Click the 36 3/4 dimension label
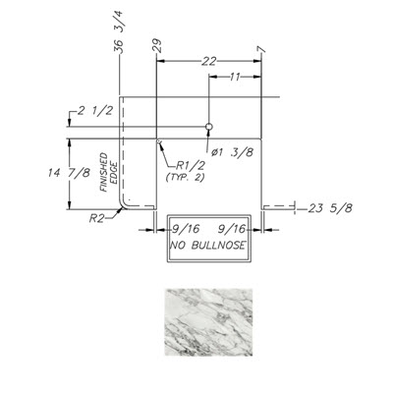pyautogui.click(x=118, y=31)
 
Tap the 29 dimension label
pyautogui.click(x=157, y=45)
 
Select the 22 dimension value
pyautogui.click(x=208, y=61)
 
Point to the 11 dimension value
pyautogui.click(x=235, y=77)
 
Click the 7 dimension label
pyautogui.click(x=261, y=49)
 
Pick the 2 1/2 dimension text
pyautogui.click(x=95, y=111)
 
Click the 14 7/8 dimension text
pyautogui.click(x=69, y=173)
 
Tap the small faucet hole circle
pyautogui.click(x=208, y=127)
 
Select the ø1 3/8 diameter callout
pyautogui.click(x=232, y=152)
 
